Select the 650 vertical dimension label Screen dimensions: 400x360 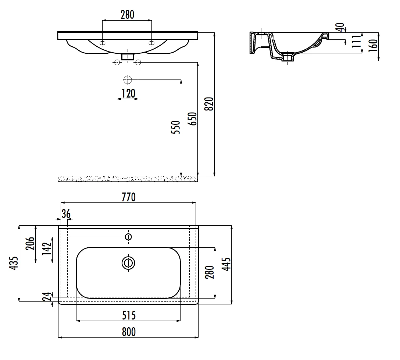[192, 119]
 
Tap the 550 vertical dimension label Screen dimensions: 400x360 [175, 127]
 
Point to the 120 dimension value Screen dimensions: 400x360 [128, 93]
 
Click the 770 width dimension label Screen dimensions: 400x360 [129, 197]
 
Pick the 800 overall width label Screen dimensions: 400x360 [129, 332]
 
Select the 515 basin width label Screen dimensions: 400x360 [129, 315]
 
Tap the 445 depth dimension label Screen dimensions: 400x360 [226, 264]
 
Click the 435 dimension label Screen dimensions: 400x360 [14, 263]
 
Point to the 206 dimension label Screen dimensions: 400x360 [30, 243]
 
